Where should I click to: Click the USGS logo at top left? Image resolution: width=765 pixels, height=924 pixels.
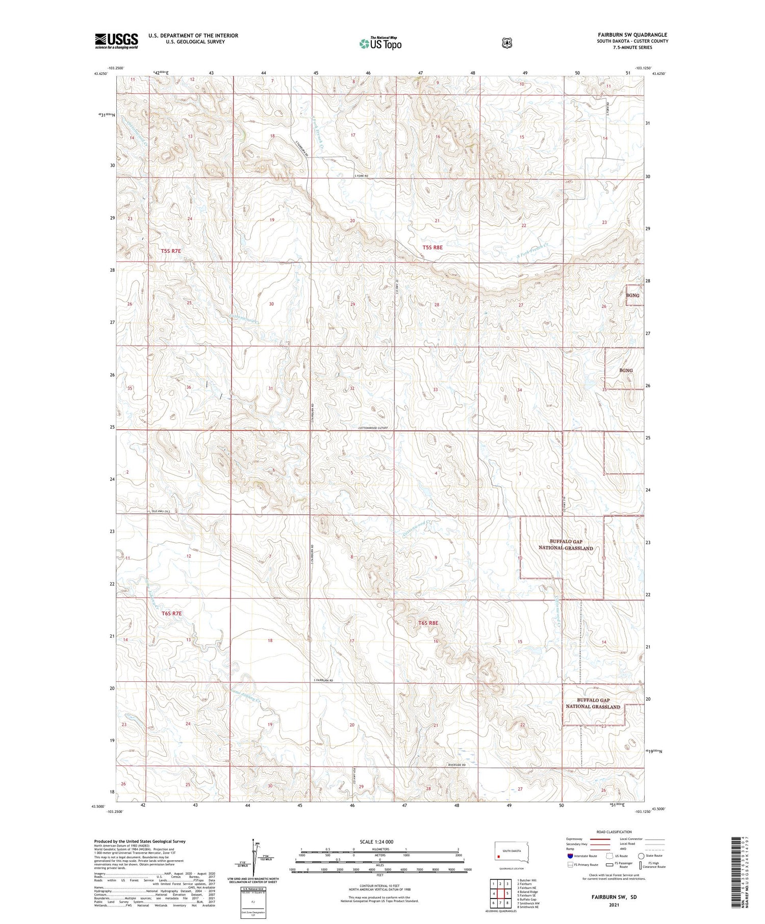click(x=116, y=41)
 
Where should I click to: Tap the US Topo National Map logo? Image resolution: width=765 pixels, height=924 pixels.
click(x=380, y=43)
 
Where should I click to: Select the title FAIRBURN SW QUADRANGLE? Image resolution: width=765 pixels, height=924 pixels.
click(x=632, y=35)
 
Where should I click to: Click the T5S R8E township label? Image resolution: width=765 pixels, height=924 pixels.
click(x=432, y=247)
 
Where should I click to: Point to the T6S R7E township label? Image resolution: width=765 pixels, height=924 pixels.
click(x=171, y=614)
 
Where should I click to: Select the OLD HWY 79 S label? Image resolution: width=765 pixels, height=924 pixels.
click(x=162, y=511)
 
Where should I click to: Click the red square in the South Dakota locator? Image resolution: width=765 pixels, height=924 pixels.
click(x=499, y=856)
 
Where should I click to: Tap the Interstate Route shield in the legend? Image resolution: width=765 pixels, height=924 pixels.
click(x=570, y=856)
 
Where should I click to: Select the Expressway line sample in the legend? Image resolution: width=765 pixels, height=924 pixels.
click(x=600, y=839)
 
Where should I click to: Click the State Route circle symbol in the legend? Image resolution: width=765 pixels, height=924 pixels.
click(x=641, y=856)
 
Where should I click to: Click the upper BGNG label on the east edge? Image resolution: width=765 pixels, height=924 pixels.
click(x=632, y=296)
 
